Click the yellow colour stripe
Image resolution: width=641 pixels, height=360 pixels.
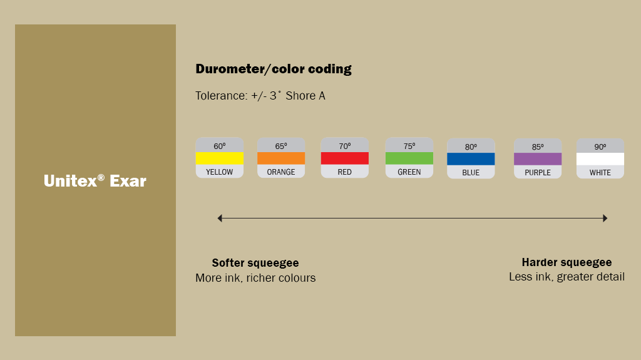point(219,158)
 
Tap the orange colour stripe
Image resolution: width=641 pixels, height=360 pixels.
point(281,158)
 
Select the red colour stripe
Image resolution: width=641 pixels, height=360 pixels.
point(344,158)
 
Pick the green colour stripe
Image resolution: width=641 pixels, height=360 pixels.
point(409,158)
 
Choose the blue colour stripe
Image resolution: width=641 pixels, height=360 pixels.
point(471,159)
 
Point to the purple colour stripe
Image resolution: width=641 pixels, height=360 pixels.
point(538,159)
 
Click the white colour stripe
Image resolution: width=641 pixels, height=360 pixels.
point(600,159)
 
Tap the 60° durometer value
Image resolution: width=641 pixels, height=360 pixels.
point(219,146)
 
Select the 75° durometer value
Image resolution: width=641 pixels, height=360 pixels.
point(409,146)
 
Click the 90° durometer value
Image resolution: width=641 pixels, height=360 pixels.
point(600,147)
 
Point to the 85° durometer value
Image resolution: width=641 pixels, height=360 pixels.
point(538,147)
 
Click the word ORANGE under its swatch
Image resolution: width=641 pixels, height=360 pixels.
point(281,172)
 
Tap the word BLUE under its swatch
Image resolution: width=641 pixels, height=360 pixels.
point(471,173)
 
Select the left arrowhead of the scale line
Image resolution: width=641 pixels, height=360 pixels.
point(220,218)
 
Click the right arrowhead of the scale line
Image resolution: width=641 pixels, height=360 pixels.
point(605,218)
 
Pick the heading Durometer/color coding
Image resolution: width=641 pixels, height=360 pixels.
point(274,69)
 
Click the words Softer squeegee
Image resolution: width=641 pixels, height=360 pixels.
point(255,263)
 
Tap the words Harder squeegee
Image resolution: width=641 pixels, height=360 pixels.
point(567,262)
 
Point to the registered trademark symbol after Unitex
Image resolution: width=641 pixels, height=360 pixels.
point(101,178)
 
